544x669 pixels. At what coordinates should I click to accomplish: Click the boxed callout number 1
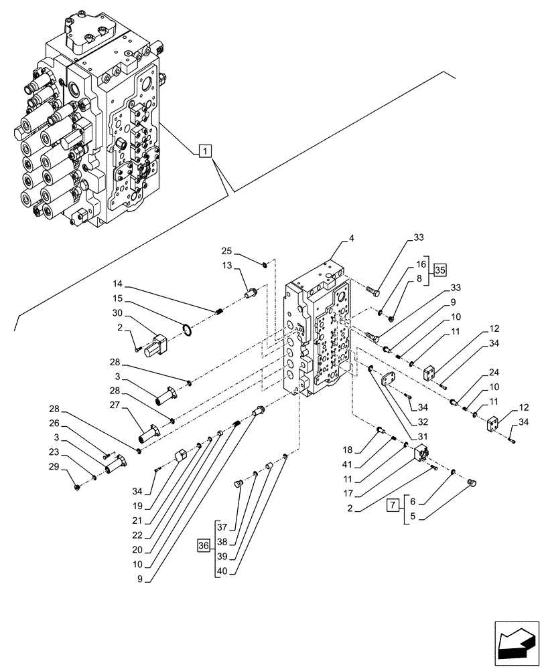pyautogui.click(x=204, y=151)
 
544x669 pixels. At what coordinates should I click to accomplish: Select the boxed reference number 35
pyautogui.click(x=439, y=270)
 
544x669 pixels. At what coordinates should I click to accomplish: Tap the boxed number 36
pyautogui.click(x=204, y=547)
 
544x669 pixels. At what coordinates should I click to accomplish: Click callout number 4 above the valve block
pyautogui.click(x=352, y=237)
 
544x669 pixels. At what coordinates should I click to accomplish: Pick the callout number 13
pyautogui.click(x=226, y=266)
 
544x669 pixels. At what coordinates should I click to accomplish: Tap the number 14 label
pyautogui.click(x=118, y=284)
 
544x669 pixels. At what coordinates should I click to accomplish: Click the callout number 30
pyautogui.click(x=118, y=312)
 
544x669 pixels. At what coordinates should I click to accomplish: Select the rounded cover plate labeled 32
pyautogui.click(x=389, y=381)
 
